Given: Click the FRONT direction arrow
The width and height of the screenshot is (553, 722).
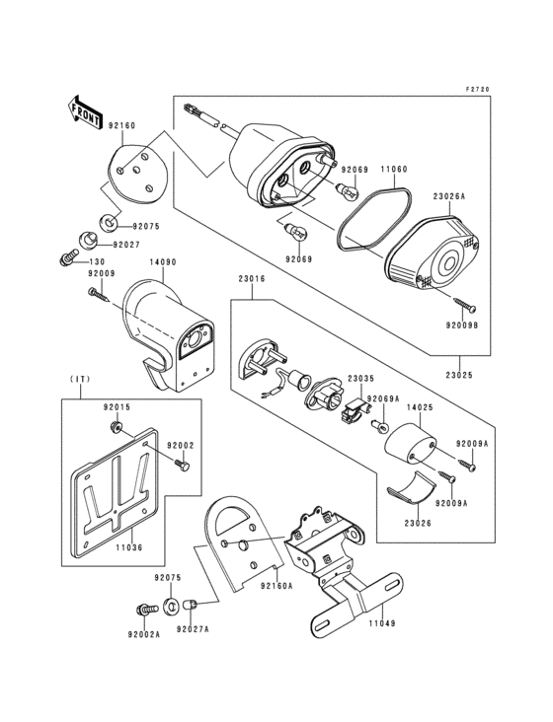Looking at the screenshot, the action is point(83,112).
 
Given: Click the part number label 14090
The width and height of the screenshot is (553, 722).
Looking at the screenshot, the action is point(163,262).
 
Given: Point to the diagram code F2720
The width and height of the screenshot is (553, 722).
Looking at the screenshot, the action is point(477,90).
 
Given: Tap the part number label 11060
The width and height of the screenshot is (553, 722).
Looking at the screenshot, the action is point(394,169).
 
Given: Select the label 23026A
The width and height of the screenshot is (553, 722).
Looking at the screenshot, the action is point(449,196).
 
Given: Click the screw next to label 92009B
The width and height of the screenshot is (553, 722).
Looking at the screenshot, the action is point(464,304).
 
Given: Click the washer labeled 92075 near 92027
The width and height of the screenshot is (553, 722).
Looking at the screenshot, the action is point(110,223).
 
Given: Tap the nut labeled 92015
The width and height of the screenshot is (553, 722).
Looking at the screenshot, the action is point(117,427).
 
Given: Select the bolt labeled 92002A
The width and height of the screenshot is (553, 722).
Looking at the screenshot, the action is point(147,611).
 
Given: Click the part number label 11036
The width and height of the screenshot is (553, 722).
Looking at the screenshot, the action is point(129,547).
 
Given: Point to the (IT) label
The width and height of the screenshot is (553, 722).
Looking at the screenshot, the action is point(80,379).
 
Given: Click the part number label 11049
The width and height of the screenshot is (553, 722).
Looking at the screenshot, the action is point(381,623).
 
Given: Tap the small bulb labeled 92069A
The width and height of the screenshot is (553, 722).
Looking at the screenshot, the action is point(380,425).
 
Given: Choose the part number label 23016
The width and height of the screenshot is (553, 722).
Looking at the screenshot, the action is point(252,278).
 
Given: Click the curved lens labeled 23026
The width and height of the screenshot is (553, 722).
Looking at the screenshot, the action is point(412,488).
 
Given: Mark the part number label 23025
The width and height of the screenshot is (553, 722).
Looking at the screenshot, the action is point(459,375).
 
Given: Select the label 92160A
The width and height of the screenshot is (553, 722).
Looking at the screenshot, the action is point(276,586).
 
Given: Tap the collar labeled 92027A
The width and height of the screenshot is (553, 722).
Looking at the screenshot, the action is point(191,605).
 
